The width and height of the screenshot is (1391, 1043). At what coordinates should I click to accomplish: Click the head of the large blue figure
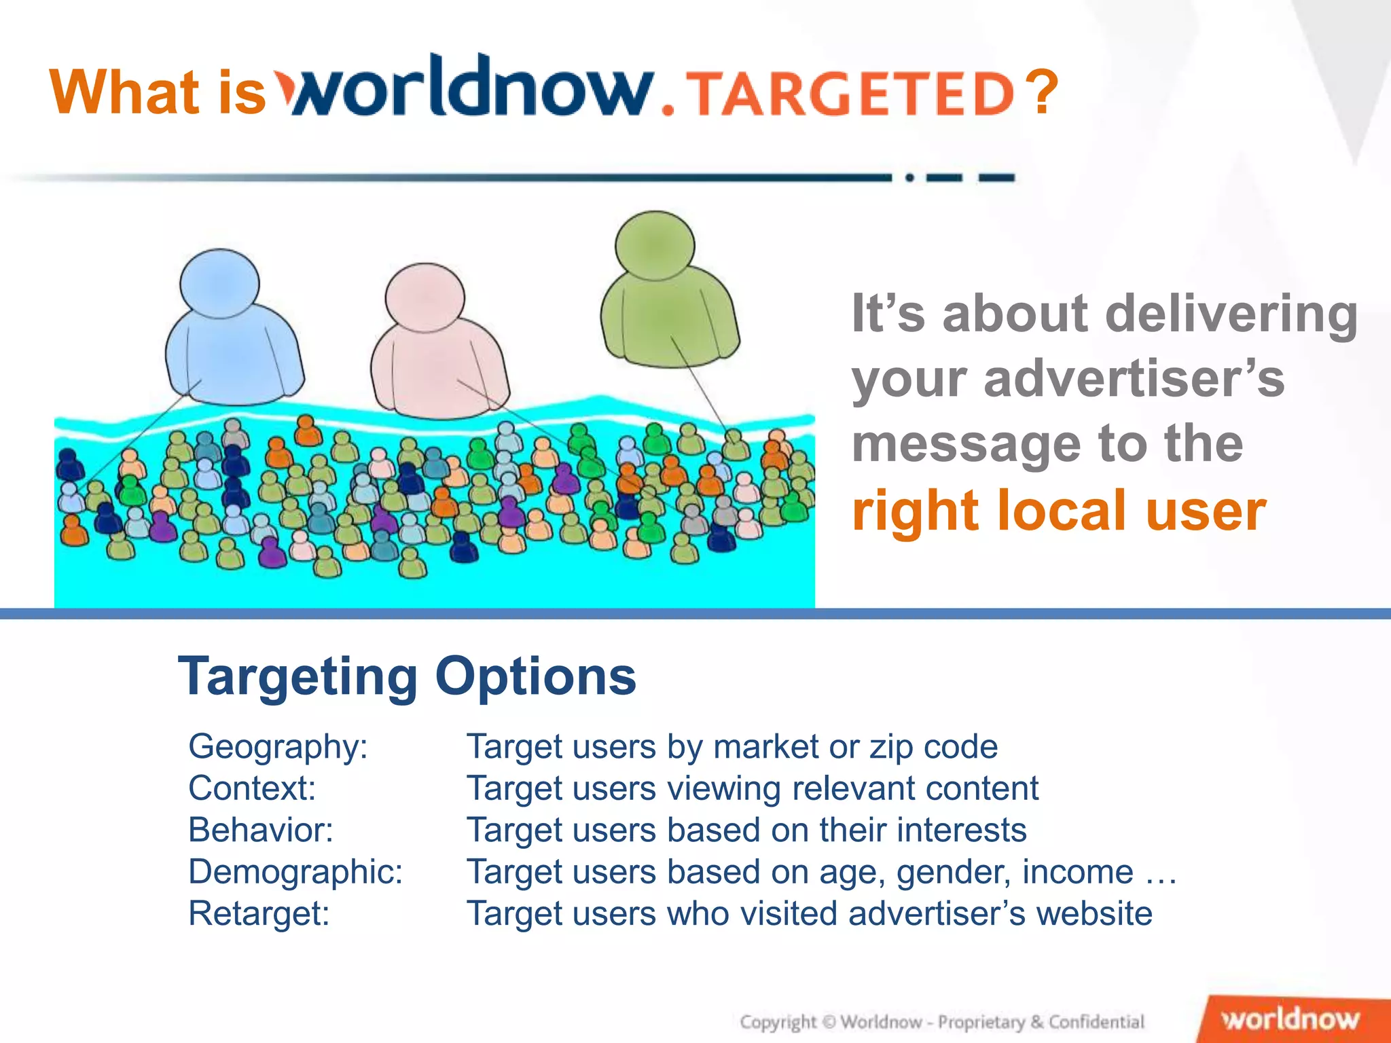(x=219, y=284)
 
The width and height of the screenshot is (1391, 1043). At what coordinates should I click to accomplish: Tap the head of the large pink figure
(x=424, y=297)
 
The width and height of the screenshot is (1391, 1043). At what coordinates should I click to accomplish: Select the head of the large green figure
(x=655, y=245)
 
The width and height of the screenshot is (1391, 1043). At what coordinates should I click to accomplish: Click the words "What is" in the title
(x=158, y=92)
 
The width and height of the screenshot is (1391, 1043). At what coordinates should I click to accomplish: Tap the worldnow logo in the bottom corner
(x=1290, y=1019)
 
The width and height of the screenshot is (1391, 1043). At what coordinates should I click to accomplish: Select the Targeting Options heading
(x=407, y=676)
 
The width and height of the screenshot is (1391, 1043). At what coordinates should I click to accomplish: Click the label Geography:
(x=278, y=746)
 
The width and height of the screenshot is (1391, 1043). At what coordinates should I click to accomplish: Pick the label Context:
(x=252, y=788)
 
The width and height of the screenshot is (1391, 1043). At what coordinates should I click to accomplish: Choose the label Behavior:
(x=261, y=830)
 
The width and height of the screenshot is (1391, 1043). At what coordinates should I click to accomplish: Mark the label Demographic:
(x=295, y=871)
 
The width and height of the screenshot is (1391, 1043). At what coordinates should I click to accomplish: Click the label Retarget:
(x=259, y=913)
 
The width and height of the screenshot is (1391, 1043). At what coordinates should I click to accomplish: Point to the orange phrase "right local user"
(x=1059, y=511)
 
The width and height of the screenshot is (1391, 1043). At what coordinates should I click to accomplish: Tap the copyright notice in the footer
(x=942, y=1022)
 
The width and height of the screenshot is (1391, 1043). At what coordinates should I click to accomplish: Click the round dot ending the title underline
(x=909, y=178)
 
